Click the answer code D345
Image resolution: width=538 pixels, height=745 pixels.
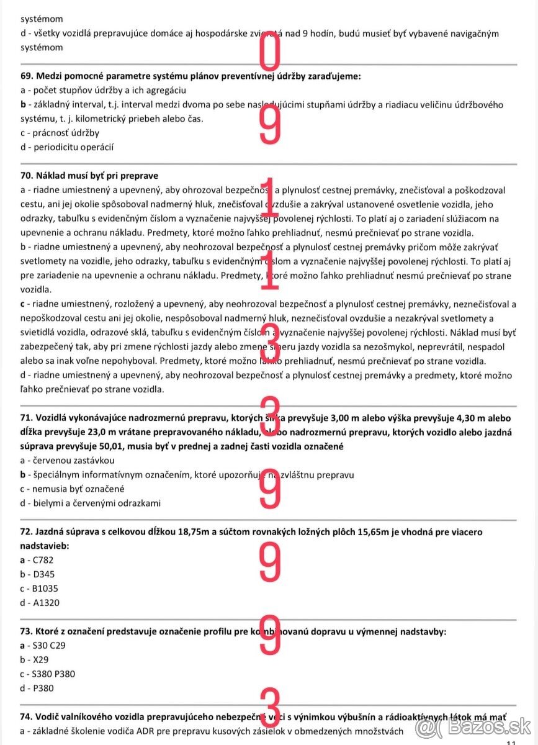pos(45,574)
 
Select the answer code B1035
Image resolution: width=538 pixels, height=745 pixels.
pos(47,589)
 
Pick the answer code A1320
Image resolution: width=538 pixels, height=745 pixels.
pos(47,603)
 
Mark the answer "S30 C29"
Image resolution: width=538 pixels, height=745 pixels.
pos(50,646)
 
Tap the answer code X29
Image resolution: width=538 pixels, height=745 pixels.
pos(42,659)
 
